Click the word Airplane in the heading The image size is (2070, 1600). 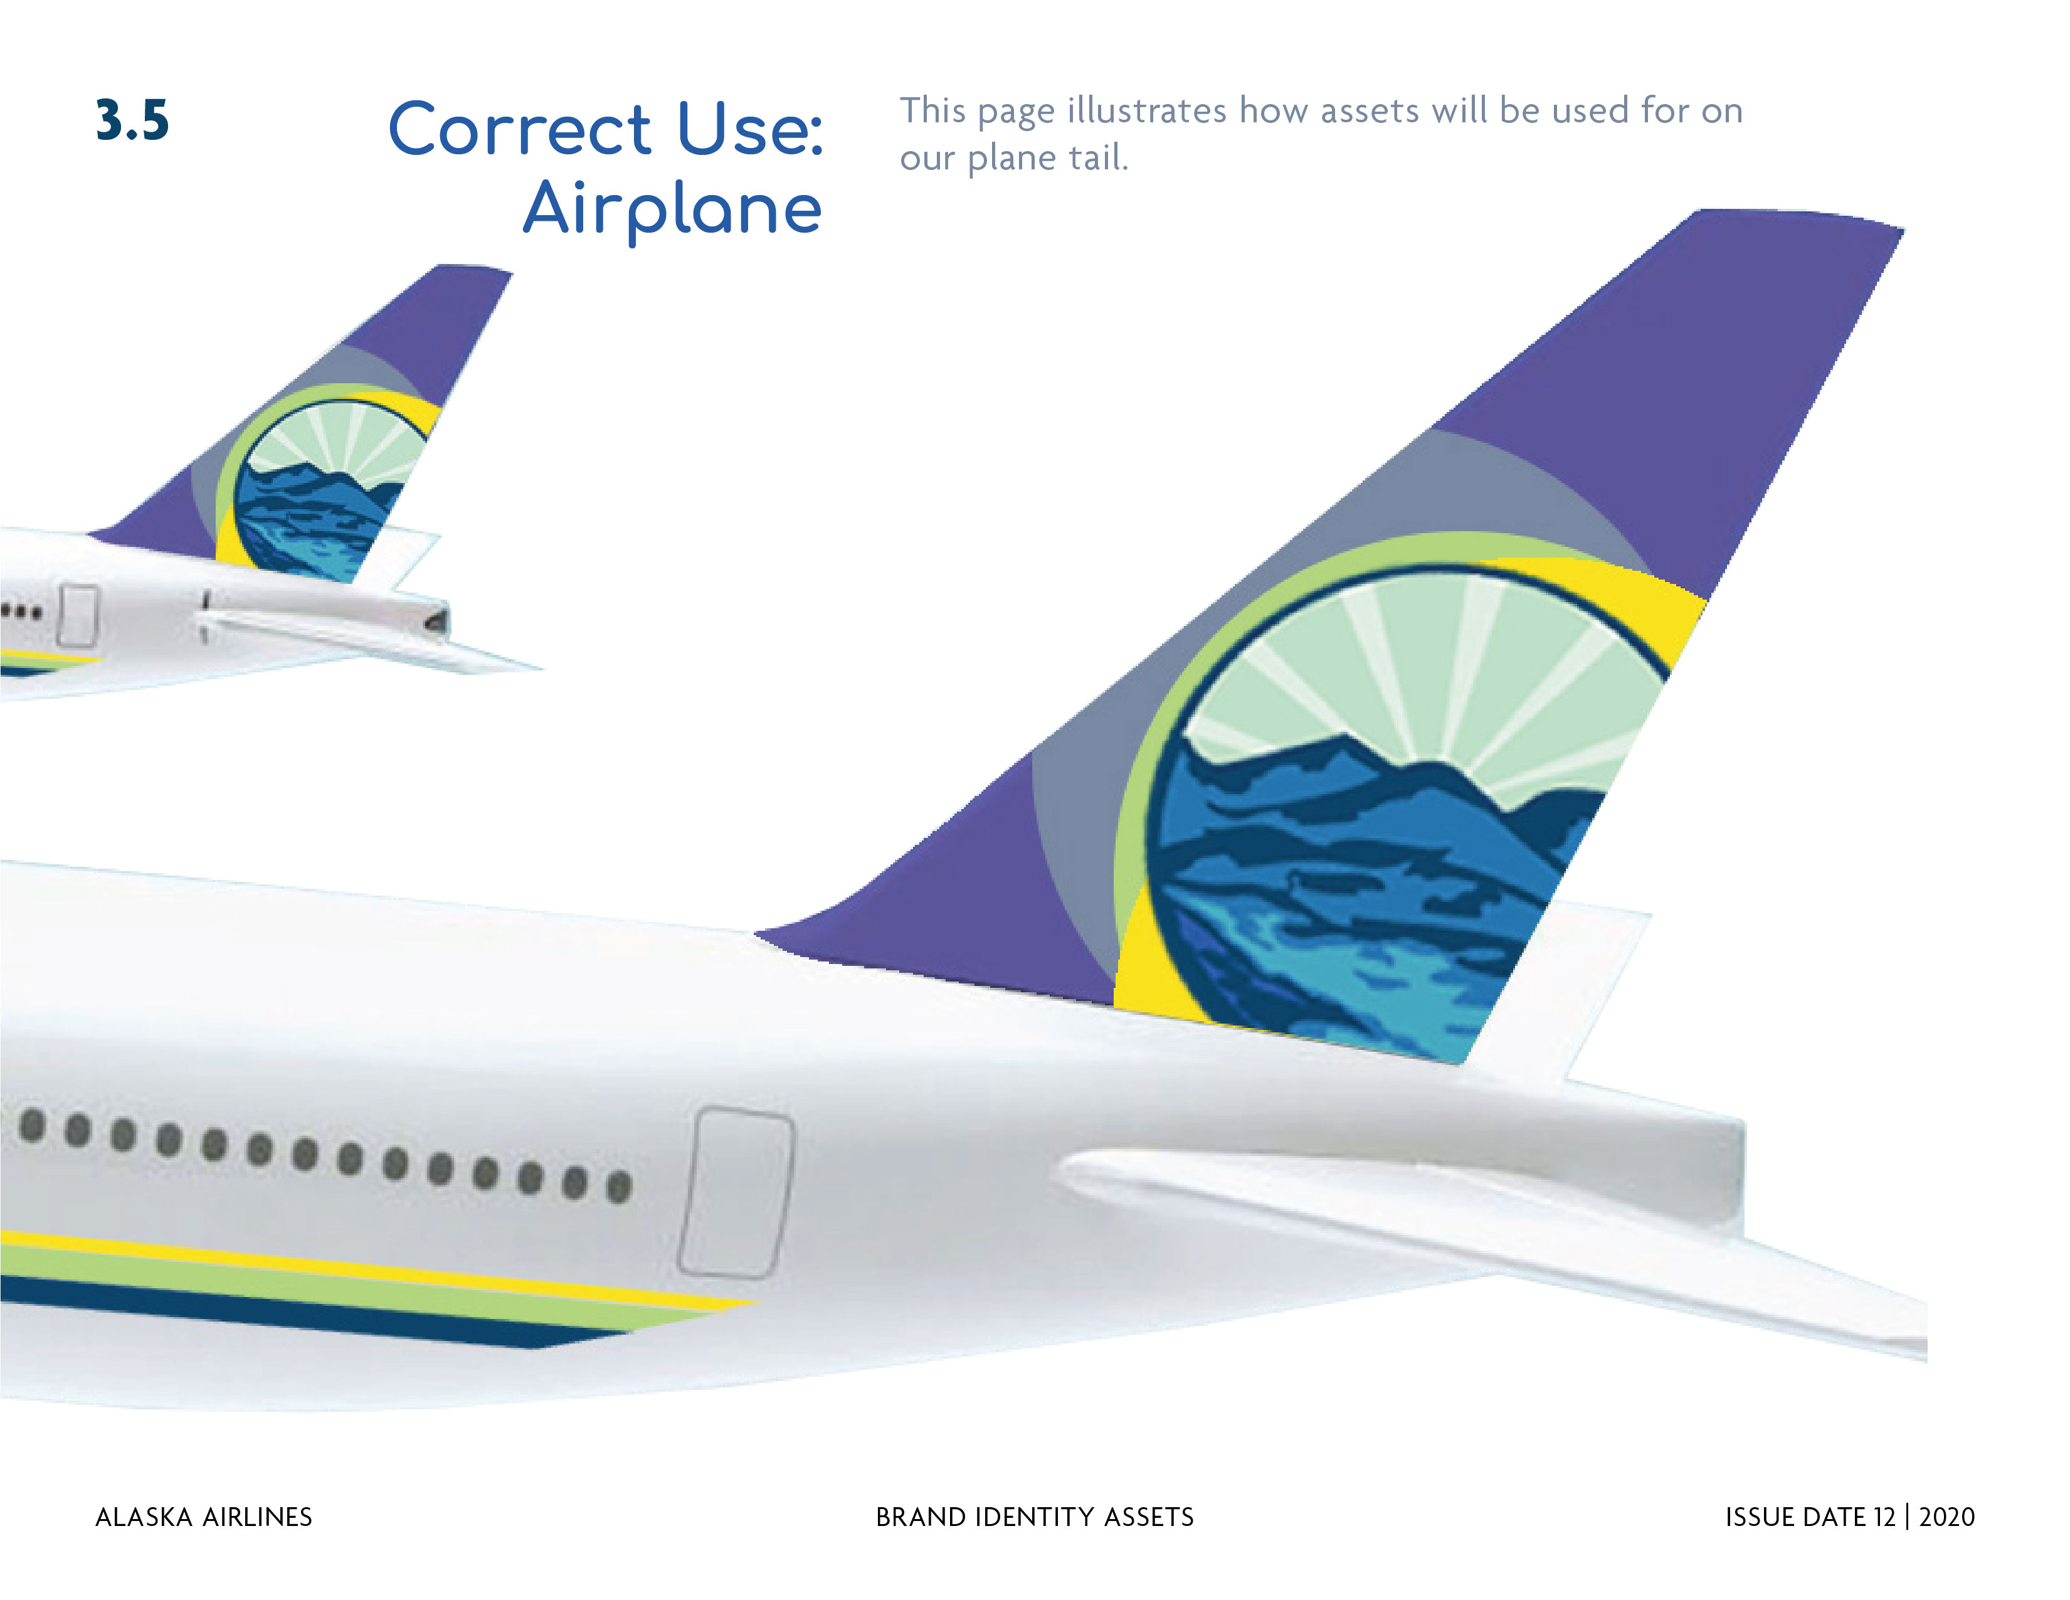pyautogui.click(x=672, y=210)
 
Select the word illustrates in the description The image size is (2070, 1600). pyautogui.click(x=1147, y=111)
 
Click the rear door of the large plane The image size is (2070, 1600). pyautogui.click(x=736, y=1192)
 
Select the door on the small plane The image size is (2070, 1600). pyautogui.click(x=78, y=615)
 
